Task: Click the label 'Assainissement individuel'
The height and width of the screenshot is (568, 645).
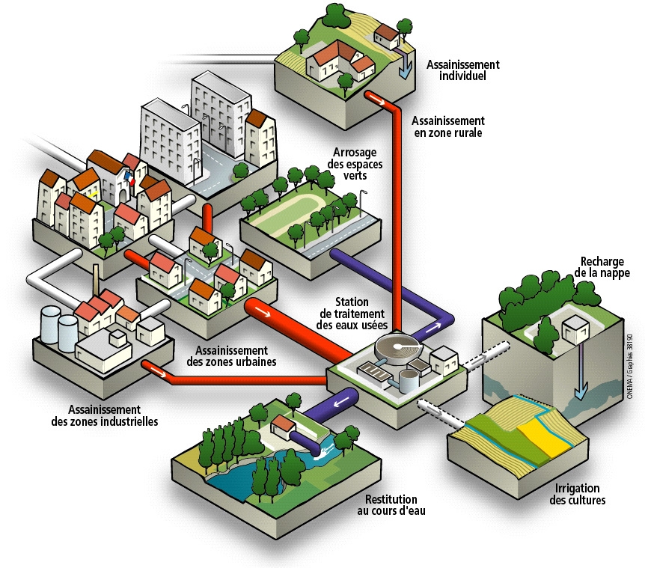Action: [462, 70]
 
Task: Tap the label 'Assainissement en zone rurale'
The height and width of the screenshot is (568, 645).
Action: [448, 126]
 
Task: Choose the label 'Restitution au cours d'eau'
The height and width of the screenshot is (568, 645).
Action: [391, 505]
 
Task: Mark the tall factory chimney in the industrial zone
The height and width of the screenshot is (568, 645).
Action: [96, 281]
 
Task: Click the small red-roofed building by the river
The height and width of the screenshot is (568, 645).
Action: [284, 427]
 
